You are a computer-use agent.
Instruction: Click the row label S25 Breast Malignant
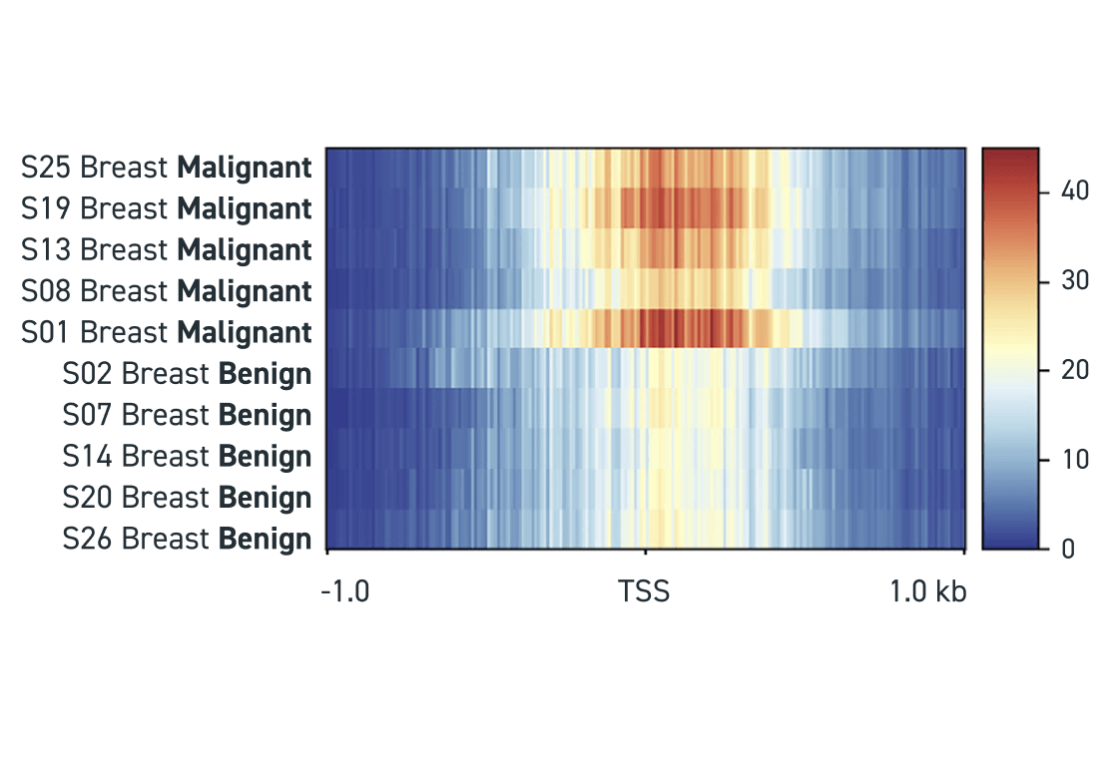pyautogui.click(x=166, y=168)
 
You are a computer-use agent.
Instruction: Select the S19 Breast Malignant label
pyautogui.click(x=166, y=208)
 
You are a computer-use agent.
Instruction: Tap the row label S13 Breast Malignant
pyautogui.click(x=166, y=249)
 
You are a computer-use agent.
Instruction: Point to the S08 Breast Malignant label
pyautogui.click(x=166, y=291)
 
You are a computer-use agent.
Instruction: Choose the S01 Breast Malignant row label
pyautogui.click(x=166, y=332)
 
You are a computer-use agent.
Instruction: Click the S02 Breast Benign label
pyautogui.click(x=187, y=374)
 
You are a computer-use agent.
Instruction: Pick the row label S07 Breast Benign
pyautogui.click(x=187, y=415)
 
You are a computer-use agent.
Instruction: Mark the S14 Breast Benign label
pyautogui.click(x=187, y=456)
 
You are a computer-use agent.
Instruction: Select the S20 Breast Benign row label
pyautogui.click(x=187, y=497)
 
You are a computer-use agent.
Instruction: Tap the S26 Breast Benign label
pyautogui.click(x=187, y=539)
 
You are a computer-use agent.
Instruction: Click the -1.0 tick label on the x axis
pyautogui.click(x=344, y=592)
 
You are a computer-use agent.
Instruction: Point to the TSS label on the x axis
pyautogui.click(x=644, y=592)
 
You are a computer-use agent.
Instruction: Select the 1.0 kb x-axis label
pyautogui.click(x=928, y=592)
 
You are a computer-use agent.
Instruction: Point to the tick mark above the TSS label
pyautogui.click(x=646, y=552)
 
